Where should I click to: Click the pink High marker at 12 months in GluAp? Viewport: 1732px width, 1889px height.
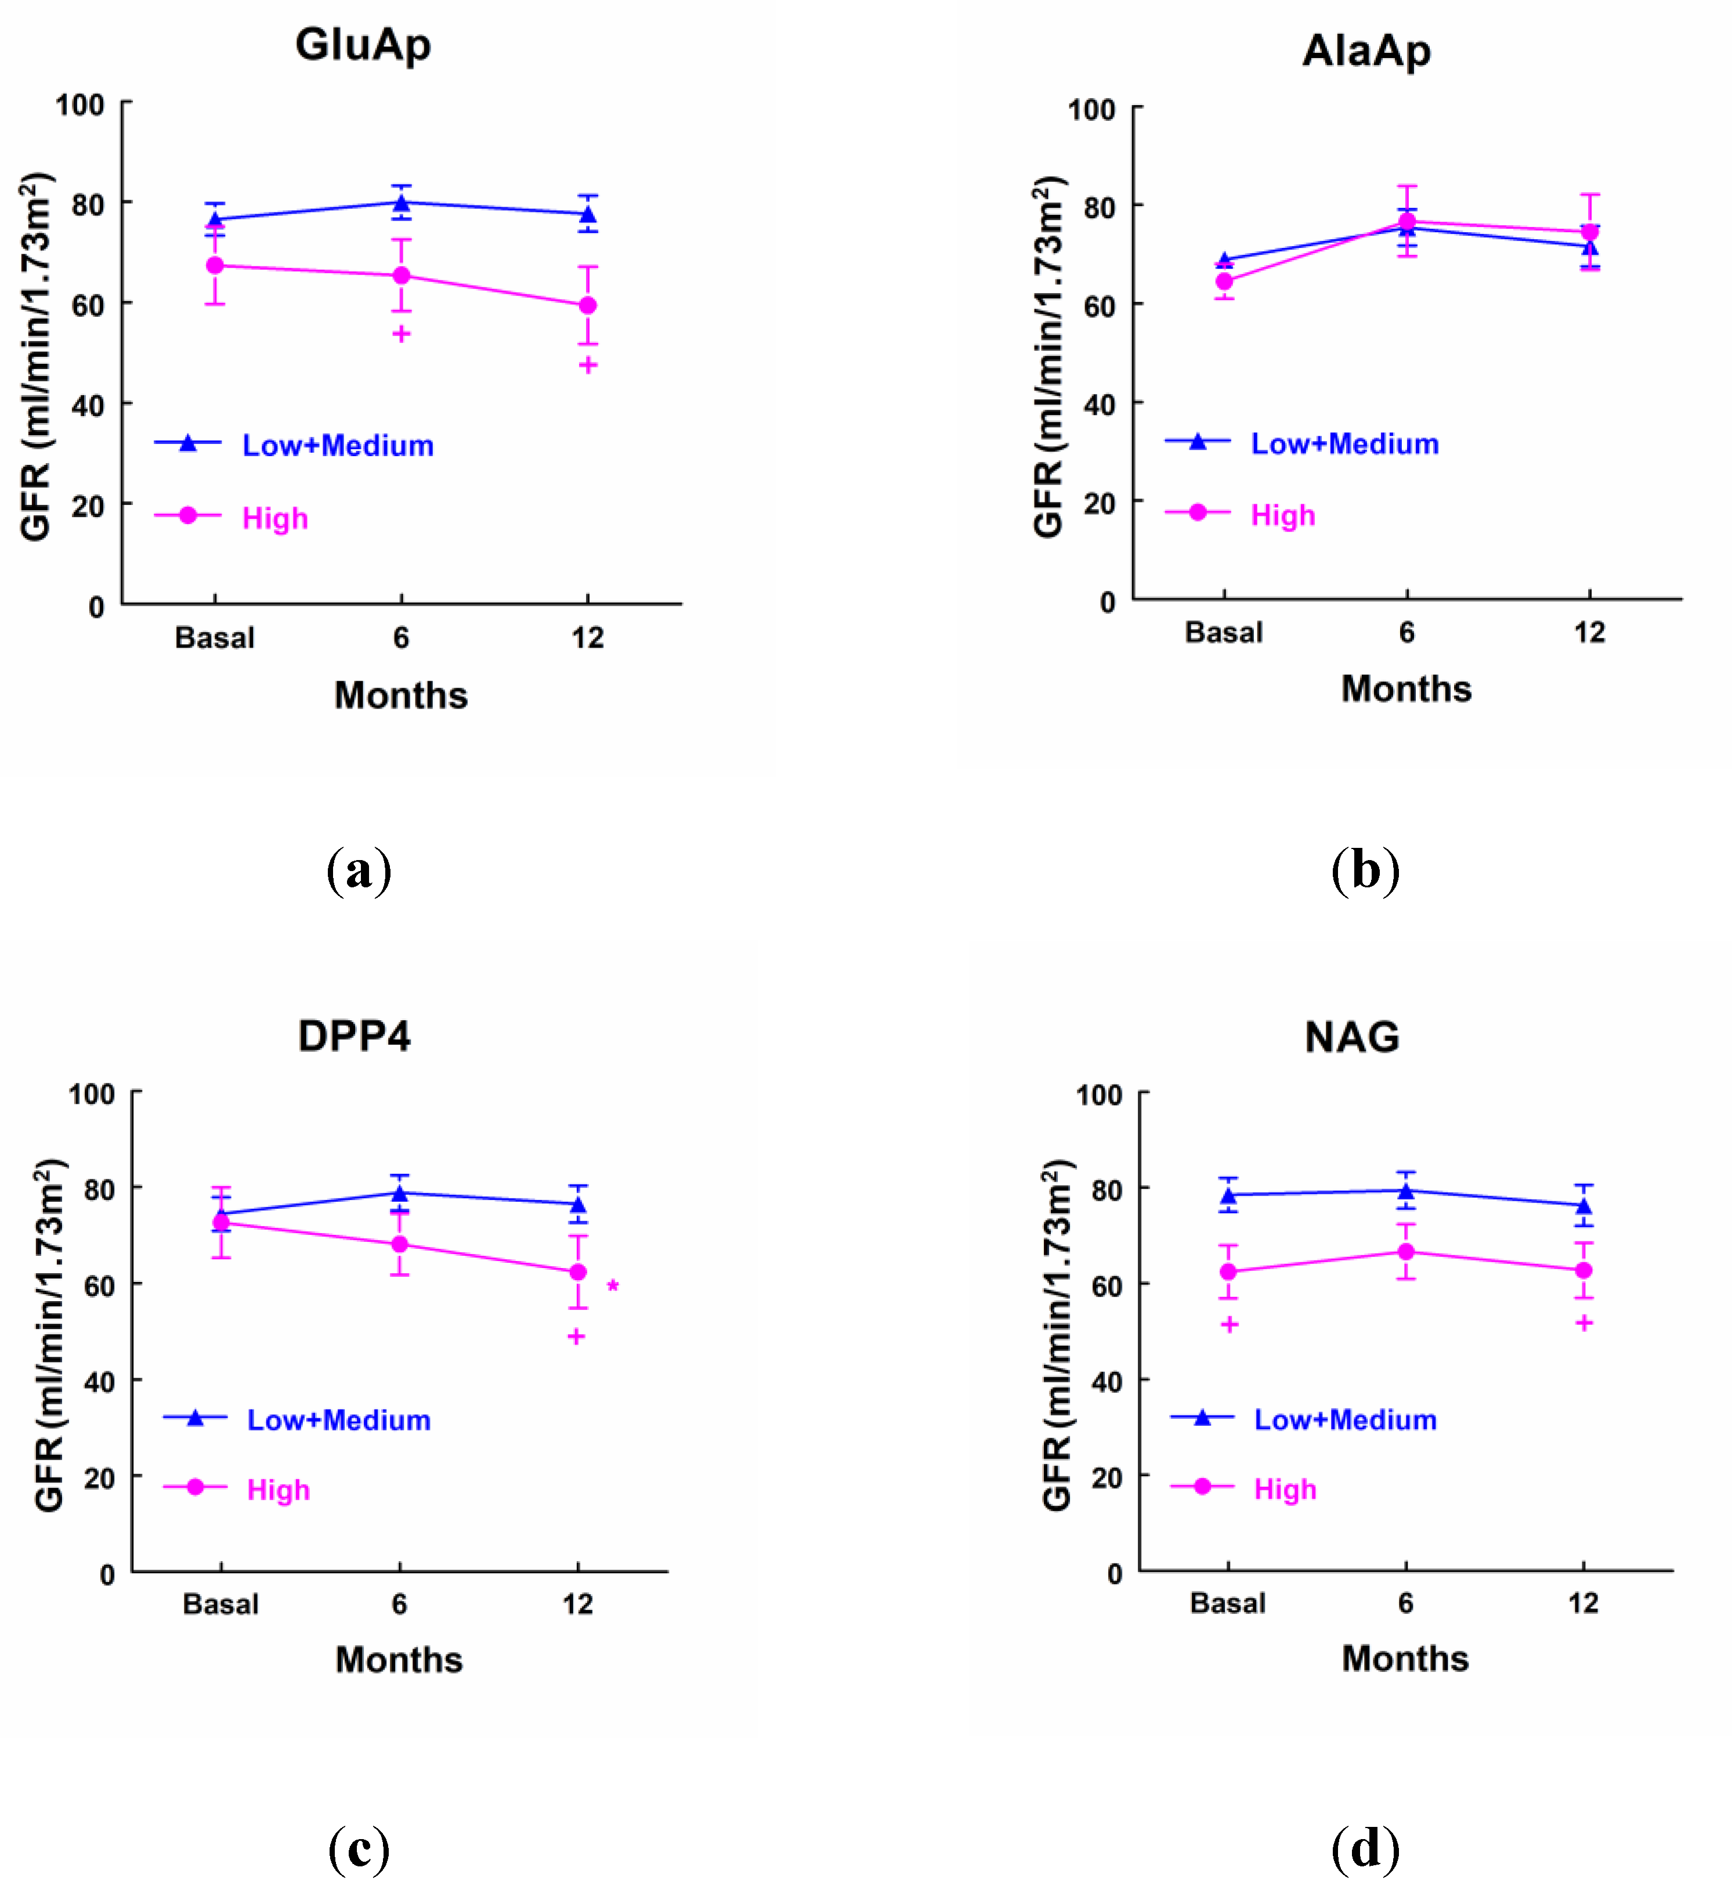[588, 306]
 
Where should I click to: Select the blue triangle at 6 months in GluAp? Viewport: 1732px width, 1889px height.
[401, 204]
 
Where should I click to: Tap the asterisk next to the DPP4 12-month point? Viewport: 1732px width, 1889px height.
[613, 1286]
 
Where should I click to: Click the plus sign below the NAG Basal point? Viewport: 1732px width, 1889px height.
[1230, 1325]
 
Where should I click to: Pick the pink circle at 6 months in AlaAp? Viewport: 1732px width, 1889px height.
[1407, 221]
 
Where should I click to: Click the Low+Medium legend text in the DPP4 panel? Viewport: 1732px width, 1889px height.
[338, 1420]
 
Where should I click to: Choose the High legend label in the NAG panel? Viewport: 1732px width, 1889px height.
[1285, 1490]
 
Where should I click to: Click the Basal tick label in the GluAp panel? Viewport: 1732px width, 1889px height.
[215, 638]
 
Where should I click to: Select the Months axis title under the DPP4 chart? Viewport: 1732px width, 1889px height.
[399, 1660]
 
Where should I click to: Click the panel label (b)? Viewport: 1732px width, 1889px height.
[1365, 871]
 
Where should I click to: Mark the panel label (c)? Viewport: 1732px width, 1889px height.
[359, 1850]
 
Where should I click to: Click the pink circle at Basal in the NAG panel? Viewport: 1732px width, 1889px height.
[1228, 1272]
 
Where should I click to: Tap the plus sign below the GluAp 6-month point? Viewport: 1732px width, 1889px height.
[401, 334]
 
